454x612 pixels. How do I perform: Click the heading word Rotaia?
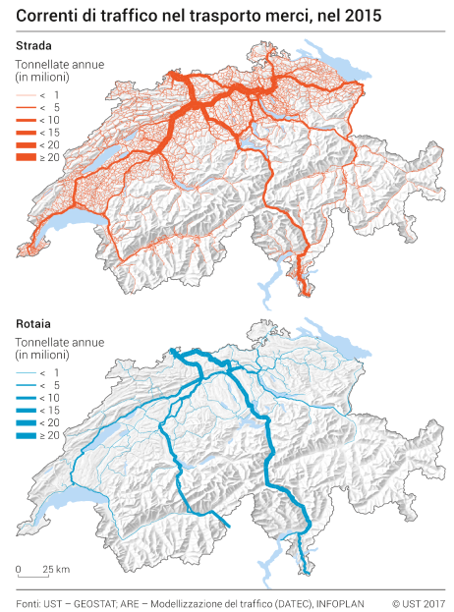coord(31,322)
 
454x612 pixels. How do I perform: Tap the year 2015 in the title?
coord(361,15)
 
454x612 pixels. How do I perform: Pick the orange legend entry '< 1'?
coord(46,92)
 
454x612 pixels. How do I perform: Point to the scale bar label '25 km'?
coord(55,569)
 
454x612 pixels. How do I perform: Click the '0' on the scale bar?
coord(18,569)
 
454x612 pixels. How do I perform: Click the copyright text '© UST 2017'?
coord(418,601)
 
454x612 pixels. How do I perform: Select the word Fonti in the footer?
coord(29,601)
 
